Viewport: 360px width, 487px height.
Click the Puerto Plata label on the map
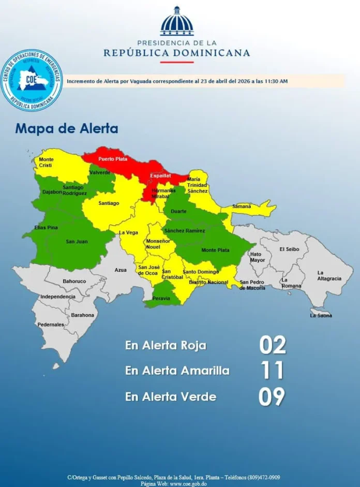(x=113, y=159)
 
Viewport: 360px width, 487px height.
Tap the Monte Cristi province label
(x=46, y=162)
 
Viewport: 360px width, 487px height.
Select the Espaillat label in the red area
(x=160, y=176)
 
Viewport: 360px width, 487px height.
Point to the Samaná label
(x=242, y=206)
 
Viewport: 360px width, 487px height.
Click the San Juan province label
(x=76, y=242)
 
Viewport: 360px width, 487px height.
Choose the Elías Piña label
(x=46, y=228)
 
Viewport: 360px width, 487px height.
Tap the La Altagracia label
(x=329, y=275)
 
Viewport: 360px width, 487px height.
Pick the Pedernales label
(x=51, y=324)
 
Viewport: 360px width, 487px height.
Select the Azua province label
(x=120, y=270)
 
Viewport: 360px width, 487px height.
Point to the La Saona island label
(x=321, y=315)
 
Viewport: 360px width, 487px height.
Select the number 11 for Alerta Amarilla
(x=273, y=371)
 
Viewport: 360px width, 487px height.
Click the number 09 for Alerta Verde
(x=272, y=396)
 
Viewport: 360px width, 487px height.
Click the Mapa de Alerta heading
(x=67, y=128)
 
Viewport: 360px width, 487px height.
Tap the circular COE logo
(x=32, y=80)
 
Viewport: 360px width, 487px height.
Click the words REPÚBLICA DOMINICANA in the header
(x=177, y=53)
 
